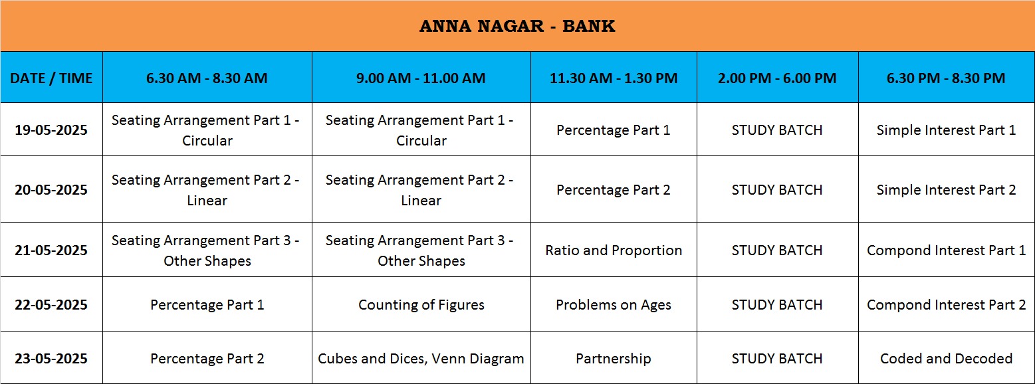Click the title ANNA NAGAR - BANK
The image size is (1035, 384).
click(517, 27)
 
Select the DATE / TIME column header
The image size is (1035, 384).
click(51, 78)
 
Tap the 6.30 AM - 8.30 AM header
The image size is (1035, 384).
click(207, 78)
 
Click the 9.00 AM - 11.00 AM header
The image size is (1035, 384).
click(421, 78)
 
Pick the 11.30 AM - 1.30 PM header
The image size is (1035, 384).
click(614, 78)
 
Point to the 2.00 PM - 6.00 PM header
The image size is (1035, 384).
click(777, 78)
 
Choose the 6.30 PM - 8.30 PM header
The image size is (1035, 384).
click(946, 78)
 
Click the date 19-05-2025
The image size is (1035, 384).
click(51, 130)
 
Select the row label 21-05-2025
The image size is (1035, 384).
click(51, 250)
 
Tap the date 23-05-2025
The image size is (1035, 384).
click(51, 359)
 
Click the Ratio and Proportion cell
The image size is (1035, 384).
click(614, 250)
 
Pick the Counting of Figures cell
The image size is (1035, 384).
click(421, 305)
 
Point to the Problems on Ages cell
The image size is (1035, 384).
click(614, 305)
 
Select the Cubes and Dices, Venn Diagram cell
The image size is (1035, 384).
click(421, 359)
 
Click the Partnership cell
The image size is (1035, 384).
click(614, 359)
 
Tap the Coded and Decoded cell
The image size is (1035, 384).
click(947, 359)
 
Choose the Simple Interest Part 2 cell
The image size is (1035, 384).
click(947, 190)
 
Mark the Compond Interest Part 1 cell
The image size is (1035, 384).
click(947, 250)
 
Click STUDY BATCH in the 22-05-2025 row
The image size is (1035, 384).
click(777, 305)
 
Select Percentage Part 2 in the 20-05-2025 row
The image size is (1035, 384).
click(614, 190)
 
